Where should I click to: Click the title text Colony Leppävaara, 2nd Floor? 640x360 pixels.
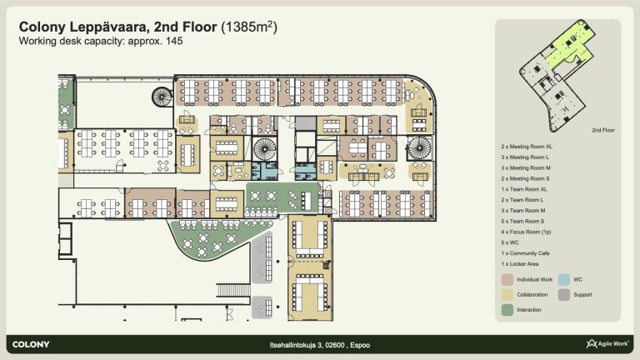117,27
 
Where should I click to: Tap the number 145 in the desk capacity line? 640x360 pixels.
174,41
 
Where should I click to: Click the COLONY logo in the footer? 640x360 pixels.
31,344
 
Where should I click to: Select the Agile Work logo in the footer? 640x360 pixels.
607,343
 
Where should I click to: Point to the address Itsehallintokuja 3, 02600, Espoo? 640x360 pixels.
320,345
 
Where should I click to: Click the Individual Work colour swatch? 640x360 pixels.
507,280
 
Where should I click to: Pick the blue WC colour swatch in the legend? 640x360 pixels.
563,280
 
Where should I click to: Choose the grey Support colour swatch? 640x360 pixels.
563,295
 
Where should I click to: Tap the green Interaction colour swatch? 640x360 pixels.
507,310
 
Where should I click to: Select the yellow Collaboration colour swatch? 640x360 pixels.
507,295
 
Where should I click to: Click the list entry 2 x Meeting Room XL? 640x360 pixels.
527,147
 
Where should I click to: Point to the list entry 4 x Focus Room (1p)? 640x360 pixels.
526,232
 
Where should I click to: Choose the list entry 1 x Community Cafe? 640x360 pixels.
525,253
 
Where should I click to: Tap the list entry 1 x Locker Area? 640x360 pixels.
520,263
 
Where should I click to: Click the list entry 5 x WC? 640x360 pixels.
510,242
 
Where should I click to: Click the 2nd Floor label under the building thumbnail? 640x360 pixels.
603,130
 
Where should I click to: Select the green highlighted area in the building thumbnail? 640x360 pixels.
569,45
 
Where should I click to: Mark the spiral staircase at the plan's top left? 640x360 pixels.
162,97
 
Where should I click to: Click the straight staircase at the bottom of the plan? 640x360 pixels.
233,290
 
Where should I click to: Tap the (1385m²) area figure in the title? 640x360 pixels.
249,27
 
